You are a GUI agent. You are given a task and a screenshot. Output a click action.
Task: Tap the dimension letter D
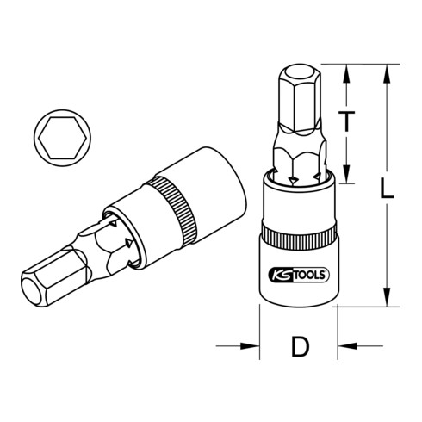point(299,348)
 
